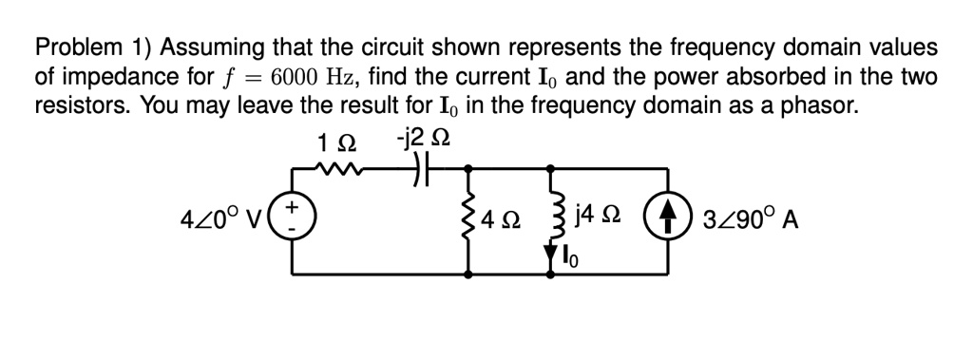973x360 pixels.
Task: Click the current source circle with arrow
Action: point(662,219)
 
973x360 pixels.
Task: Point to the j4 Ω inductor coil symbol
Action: point(551,218)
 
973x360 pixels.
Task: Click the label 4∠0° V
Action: point(222,220)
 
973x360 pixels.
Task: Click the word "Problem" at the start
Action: point(75,48)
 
